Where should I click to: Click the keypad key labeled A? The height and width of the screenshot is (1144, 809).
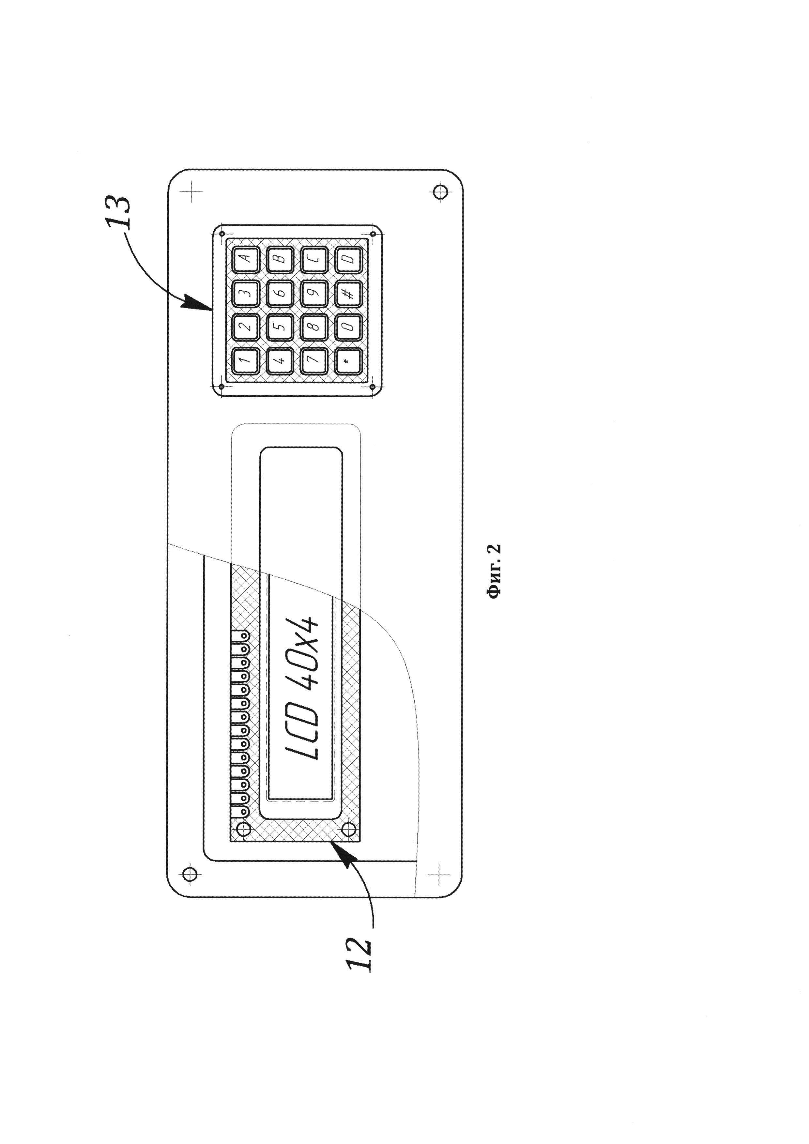point(246,259)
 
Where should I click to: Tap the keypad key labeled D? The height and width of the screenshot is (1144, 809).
point(348,259)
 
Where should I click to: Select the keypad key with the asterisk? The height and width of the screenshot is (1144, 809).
point(348,361)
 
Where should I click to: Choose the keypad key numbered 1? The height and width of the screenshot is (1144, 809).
point(246,361)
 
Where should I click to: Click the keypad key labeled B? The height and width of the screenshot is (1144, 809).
point(280,259)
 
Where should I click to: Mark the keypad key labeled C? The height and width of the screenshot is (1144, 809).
point(314,259)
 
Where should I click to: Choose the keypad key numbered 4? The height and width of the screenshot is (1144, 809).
point(280,361)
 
